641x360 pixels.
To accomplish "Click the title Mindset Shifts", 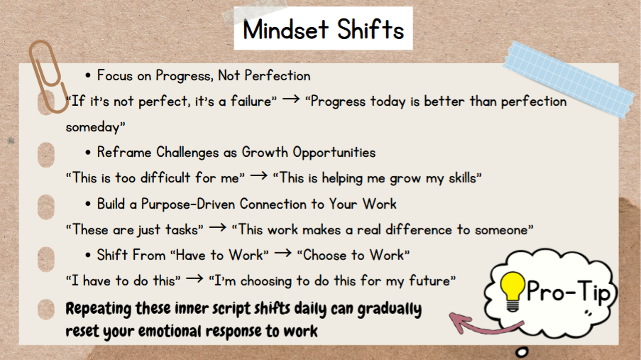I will click(x=323, y=30).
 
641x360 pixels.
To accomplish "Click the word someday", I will click(x=94, y=128).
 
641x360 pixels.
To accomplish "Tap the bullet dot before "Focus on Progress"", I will click(x=89, y=76).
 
